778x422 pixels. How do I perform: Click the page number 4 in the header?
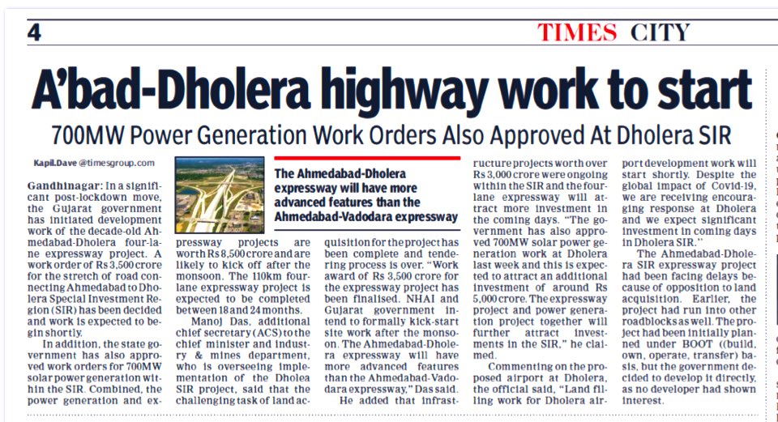pos(34,32)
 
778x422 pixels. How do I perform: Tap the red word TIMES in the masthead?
pos(577,33)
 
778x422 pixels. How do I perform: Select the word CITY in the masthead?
pos(660,33)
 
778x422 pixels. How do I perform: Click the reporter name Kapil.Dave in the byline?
pos(50,162)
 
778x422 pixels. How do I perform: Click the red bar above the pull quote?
pos(367,159)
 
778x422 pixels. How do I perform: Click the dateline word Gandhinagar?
pos(59,187)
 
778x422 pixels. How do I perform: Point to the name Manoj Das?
pos(207,309)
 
